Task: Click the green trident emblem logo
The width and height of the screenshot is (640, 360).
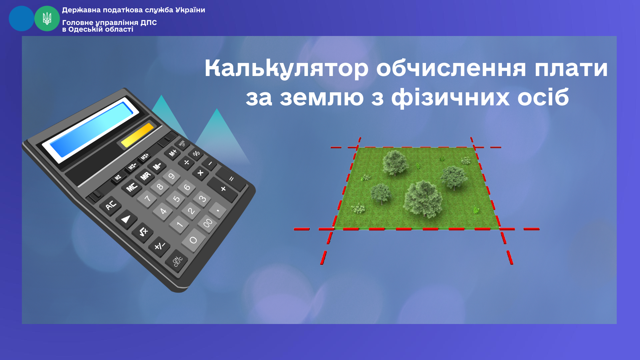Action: [x=47, y=19]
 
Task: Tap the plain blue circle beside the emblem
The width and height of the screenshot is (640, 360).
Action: [x=21, y=19]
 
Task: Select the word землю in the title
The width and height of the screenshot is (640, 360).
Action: [x=322, y=98]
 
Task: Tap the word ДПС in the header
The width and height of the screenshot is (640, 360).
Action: [x=149, y=23]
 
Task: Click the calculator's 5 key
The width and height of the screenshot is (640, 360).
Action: [x=176, y=199]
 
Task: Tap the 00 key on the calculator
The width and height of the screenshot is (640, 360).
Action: [x=207, y=223]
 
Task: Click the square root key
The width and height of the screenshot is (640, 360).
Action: [x=143, y=232]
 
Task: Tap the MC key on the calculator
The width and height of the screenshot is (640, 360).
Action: [x=132, y=187]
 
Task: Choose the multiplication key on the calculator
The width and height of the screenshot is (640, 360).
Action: [x=200, y=173]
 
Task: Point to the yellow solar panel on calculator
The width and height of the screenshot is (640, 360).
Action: [x=137, y=135]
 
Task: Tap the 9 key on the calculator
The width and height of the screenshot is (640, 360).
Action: [x=171, y=176]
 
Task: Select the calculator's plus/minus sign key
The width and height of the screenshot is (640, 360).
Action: [x=159, y=246]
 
